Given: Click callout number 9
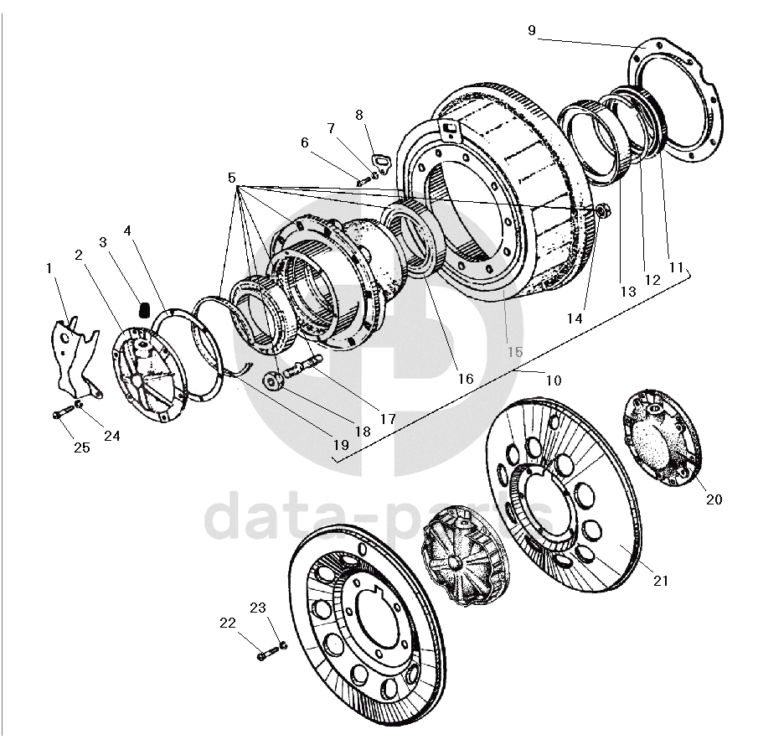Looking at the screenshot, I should point(531,31).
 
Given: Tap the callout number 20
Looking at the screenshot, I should point(714,499).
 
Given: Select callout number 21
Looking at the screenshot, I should point(661,580).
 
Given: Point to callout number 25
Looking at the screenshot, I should point(81,448).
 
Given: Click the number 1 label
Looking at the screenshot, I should point(49,268).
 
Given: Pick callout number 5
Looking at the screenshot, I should point(231,178).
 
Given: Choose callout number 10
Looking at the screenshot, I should point(553,380).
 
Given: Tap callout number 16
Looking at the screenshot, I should point(466,379).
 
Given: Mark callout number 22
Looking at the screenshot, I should point(228,622).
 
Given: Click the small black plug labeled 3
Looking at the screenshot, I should point(143,310).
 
